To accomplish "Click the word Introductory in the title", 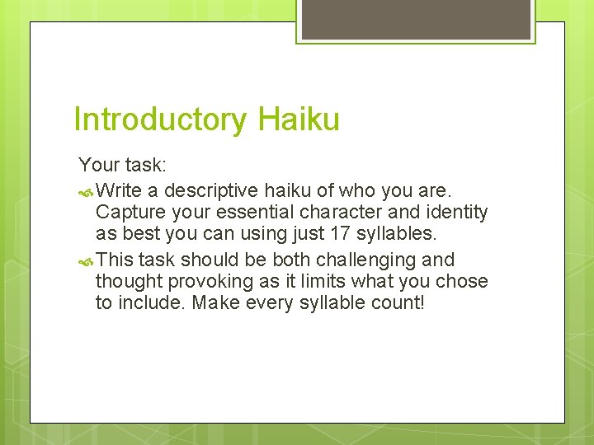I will pyautogui.click(x=159, y=119).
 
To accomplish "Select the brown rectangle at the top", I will pyautogui.click(x=415, y=19).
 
